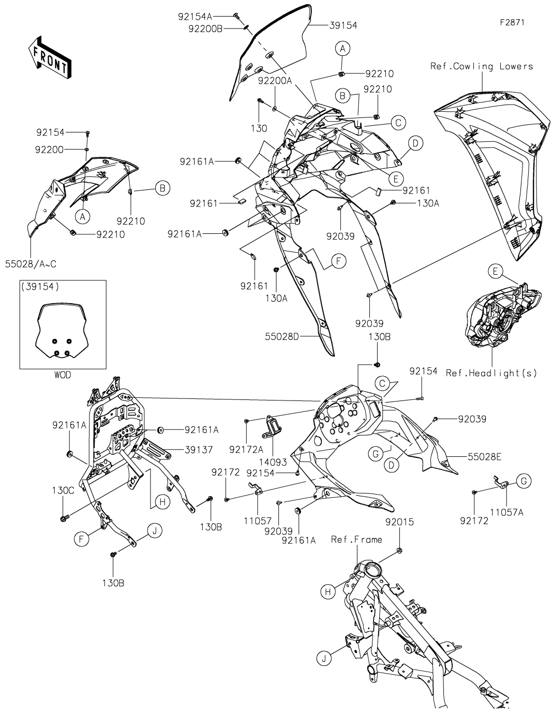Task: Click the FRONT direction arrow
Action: pyautogui.click(x=50, y=56)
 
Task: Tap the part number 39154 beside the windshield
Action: pyautogui.click(x=343, y=25)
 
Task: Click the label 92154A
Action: pyautogui.click(x=195, y=16)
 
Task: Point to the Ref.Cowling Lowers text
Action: pyautogui.click(x=481, y=66)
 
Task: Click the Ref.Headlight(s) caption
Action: pyautogui.click(x=491, y=373)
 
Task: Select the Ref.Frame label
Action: pyautogui.click(x=356, y=540)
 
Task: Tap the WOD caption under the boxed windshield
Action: pyautogui.click(x=63, y=375)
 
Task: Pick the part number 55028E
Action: pyautogui.click(x=485, y=457)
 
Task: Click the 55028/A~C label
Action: pyautogui.click(x=31, y=264)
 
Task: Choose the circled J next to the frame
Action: pyautogui.click(x=324, y=658)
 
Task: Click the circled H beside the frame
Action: pyautogui.click(x=328, y=592)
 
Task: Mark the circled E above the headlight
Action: pyautogui.click(x=495, y=271)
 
